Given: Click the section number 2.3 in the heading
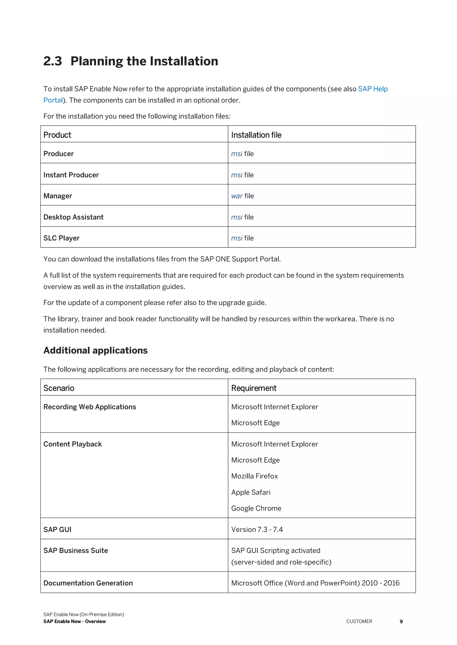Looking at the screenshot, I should (x=53, y=61).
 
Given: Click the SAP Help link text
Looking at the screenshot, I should (x=373, y=89).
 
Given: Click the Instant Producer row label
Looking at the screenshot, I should (x=71, y=175).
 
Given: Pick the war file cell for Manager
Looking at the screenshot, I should (x=242, y=196).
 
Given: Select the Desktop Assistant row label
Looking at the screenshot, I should (x=73, y=217).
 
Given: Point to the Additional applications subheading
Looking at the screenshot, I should (x=96, y=350).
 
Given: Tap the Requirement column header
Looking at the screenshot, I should (x=253, y=388).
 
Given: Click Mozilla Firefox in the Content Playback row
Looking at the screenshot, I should (x=254, y=476).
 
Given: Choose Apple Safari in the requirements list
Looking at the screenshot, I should (x=251, y=492).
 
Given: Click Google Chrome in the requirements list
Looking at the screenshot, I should (x=256, y=508).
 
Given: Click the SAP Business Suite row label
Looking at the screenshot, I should (x=75, y=550).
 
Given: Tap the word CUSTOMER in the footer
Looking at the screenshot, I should (x=359, y=621).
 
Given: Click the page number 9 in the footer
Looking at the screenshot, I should (x=401, y=621).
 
